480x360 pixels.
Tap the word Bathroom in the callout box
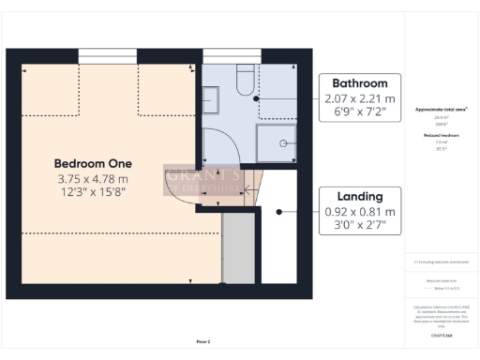361,83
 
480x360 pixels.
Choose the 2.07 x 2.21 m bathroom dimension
361,98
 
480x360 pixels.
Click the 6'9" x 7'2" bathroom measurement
361,112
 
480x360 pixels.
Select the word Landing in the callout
361,197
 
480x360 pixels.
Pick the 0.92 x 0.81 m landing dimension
361,212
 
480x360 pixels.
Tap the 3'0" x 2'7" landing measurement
361,226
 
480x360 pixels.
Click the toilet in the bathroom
245,80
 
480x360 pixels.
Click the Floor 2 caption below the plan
203,341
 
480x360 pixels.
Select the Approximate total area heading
442,110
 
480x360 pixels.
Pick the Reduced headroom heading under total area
442,136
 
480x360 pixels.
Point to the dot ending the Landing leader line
278,212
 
